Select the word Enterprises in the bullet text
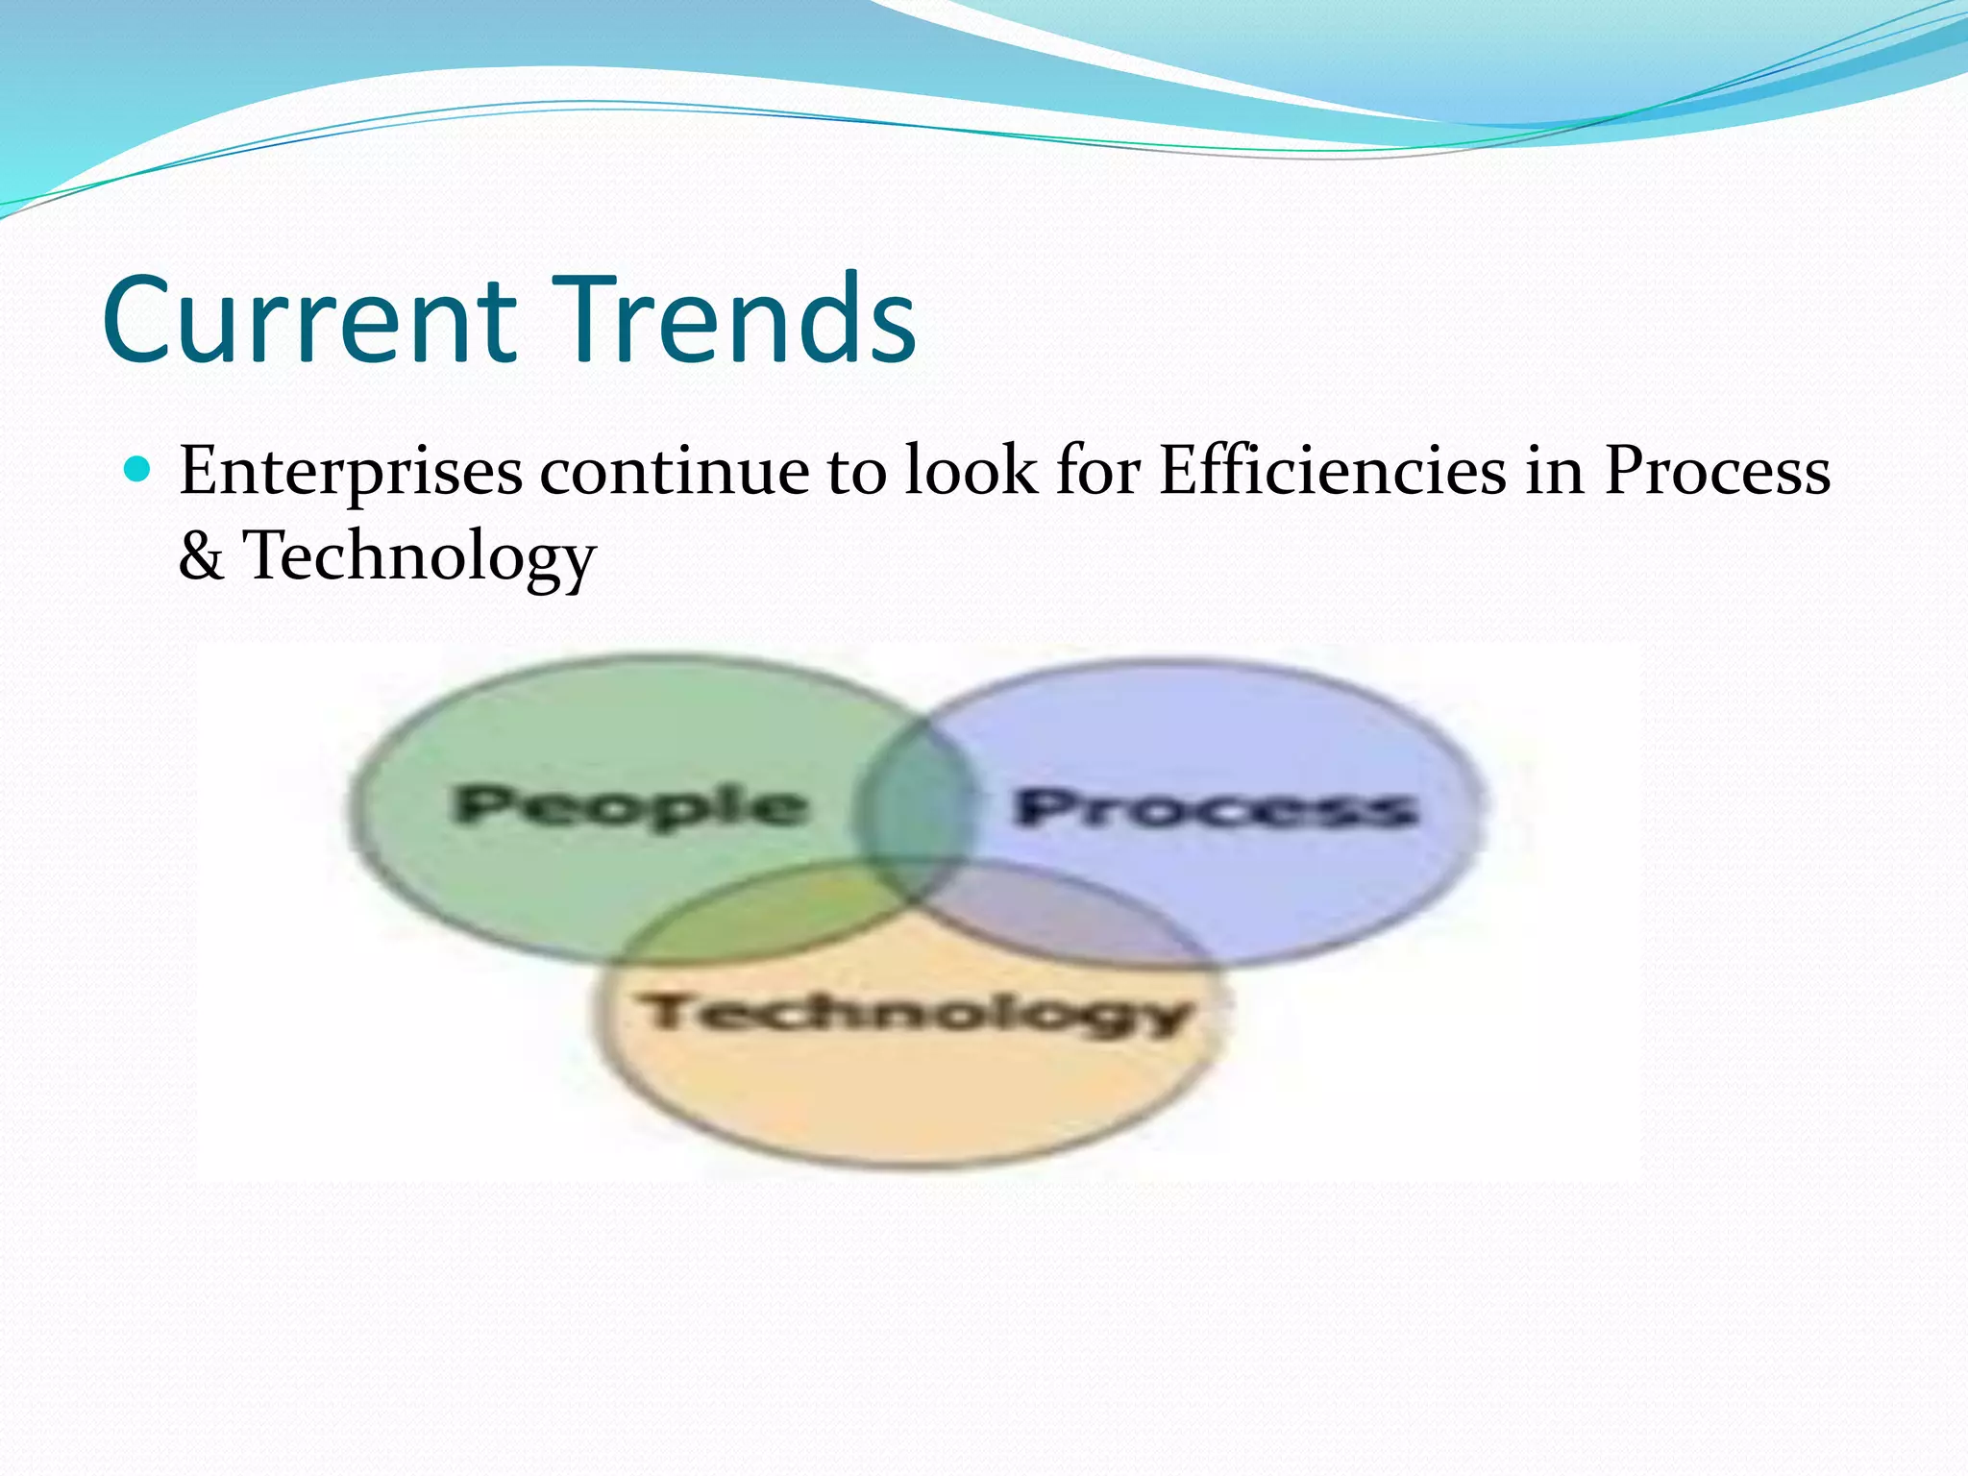(x=351, y=472)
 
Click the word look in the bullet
(x=971, y=472)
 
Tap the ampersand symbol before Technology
(x=201, y=556)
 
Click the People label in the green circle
(x=629, y=805)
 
